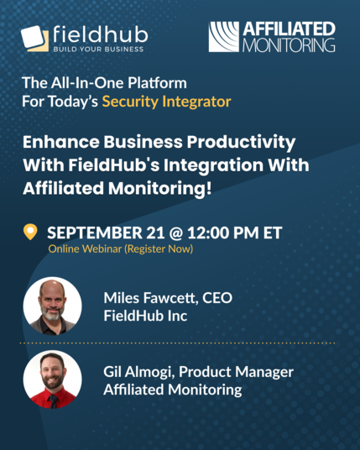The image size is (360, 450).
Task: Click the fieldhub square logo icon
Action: [x=34, y=39]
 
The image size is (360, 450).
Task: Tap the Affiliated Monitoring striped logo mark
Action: [x=224, y=37]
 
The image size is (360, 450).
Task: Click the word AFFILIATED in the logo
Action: [x=289, y=29]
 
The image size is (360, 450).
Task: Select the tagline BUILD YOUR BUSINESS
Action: [x=98, y=49]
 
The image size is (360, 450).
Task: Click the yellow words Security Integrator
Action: [x=167, y=102]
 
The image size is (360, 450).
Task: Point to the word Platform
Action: [x=157, y=82]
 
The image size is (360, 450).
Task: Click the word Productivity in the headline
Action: [x=241, y=143]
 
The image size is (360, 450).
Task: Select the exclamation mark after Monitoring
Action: [x=209, y=188]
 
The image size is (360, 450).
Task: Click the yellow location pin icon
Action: [x=30, y=232]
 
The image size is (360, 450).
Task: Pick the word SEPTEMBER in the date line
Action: [x=95, y=233]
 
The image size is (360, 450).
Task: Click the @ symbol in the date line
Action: [x=176, y=233]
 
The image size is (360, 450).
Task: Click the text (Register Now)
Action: [x=159, y=249]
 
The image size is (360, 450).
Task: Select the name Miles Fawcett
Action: [x=150, y=298]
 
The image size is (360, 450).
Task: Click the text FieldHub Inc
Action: [x=145, y=316]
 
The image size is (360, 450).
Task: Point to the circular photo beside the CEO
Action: [x=53, y=306]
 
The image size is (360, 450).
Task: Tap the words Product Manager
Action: [x=236, y=372]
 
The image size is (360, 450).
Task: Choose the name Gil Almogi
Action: [x=138, y=372]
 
